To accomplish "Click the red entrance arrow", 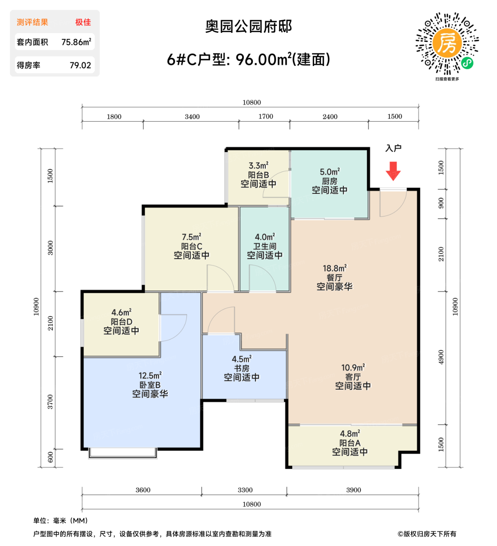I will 393,171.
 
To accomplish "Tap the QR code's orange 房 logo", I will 447,43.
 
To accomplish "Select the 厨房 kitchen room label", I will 329,181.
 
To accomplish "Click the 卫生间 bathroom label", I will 264,246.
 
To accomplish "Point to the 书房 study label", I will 241,368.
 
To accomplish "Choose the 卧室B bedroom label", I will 150,385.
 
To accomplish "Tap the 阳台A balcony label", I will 350,443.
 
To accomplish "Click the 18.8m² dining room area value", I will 334,268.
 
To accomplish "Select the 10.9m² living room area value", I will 353,367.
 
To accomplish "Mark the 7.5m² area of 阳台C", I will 191,237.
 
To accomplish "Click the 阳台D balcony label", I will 121,322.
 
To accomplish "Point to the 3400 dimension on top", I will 192,117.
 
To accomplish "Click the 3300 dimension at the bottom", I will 245,490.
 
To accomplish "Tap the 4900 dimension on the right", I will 441,357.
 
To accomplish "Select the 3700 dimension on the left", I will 50,402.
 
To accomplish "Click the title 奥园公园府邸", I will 248,27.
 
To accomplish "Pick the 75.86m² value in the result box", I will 76,42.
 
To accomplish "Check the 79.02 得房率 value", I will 80,66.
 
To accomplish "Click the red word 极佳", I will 83,22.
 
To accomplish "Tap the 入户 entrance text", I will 393,148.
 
